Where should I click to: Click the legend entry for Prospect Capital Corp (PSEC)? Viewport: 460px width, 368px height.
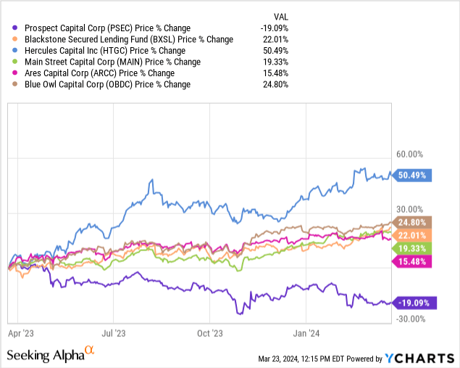click(101, 28)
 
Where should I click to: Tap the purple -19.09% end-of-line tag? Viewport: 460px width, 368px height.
click(414, 302)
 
